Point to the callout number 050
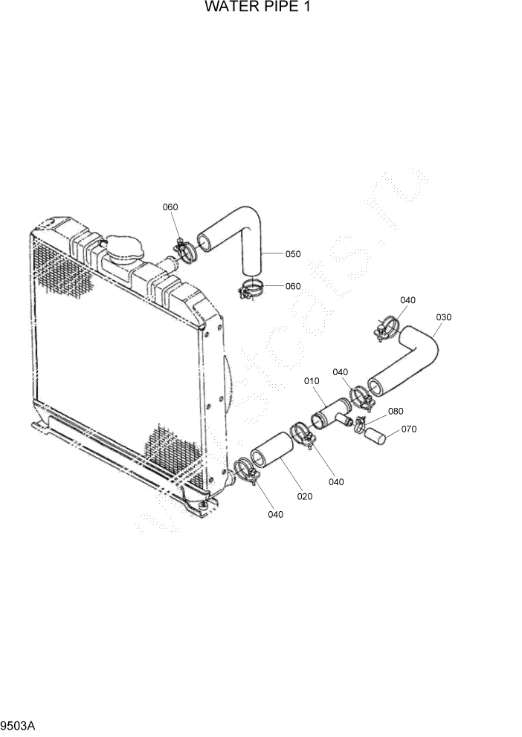click(292, 254)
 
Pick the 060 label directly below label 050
click(293, 286)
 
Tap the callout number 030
click(443, 317)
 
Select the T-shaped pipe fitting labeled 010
click(332, 412)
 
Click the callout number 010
click(312, 381)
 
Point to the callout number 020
click(305, 496)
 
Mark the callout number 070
click(408, 429)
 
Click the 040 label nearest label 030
click(407, 300)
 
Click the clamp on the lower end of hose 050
click(251, 288)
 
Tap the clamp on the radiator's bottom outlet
click(245, 471)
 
